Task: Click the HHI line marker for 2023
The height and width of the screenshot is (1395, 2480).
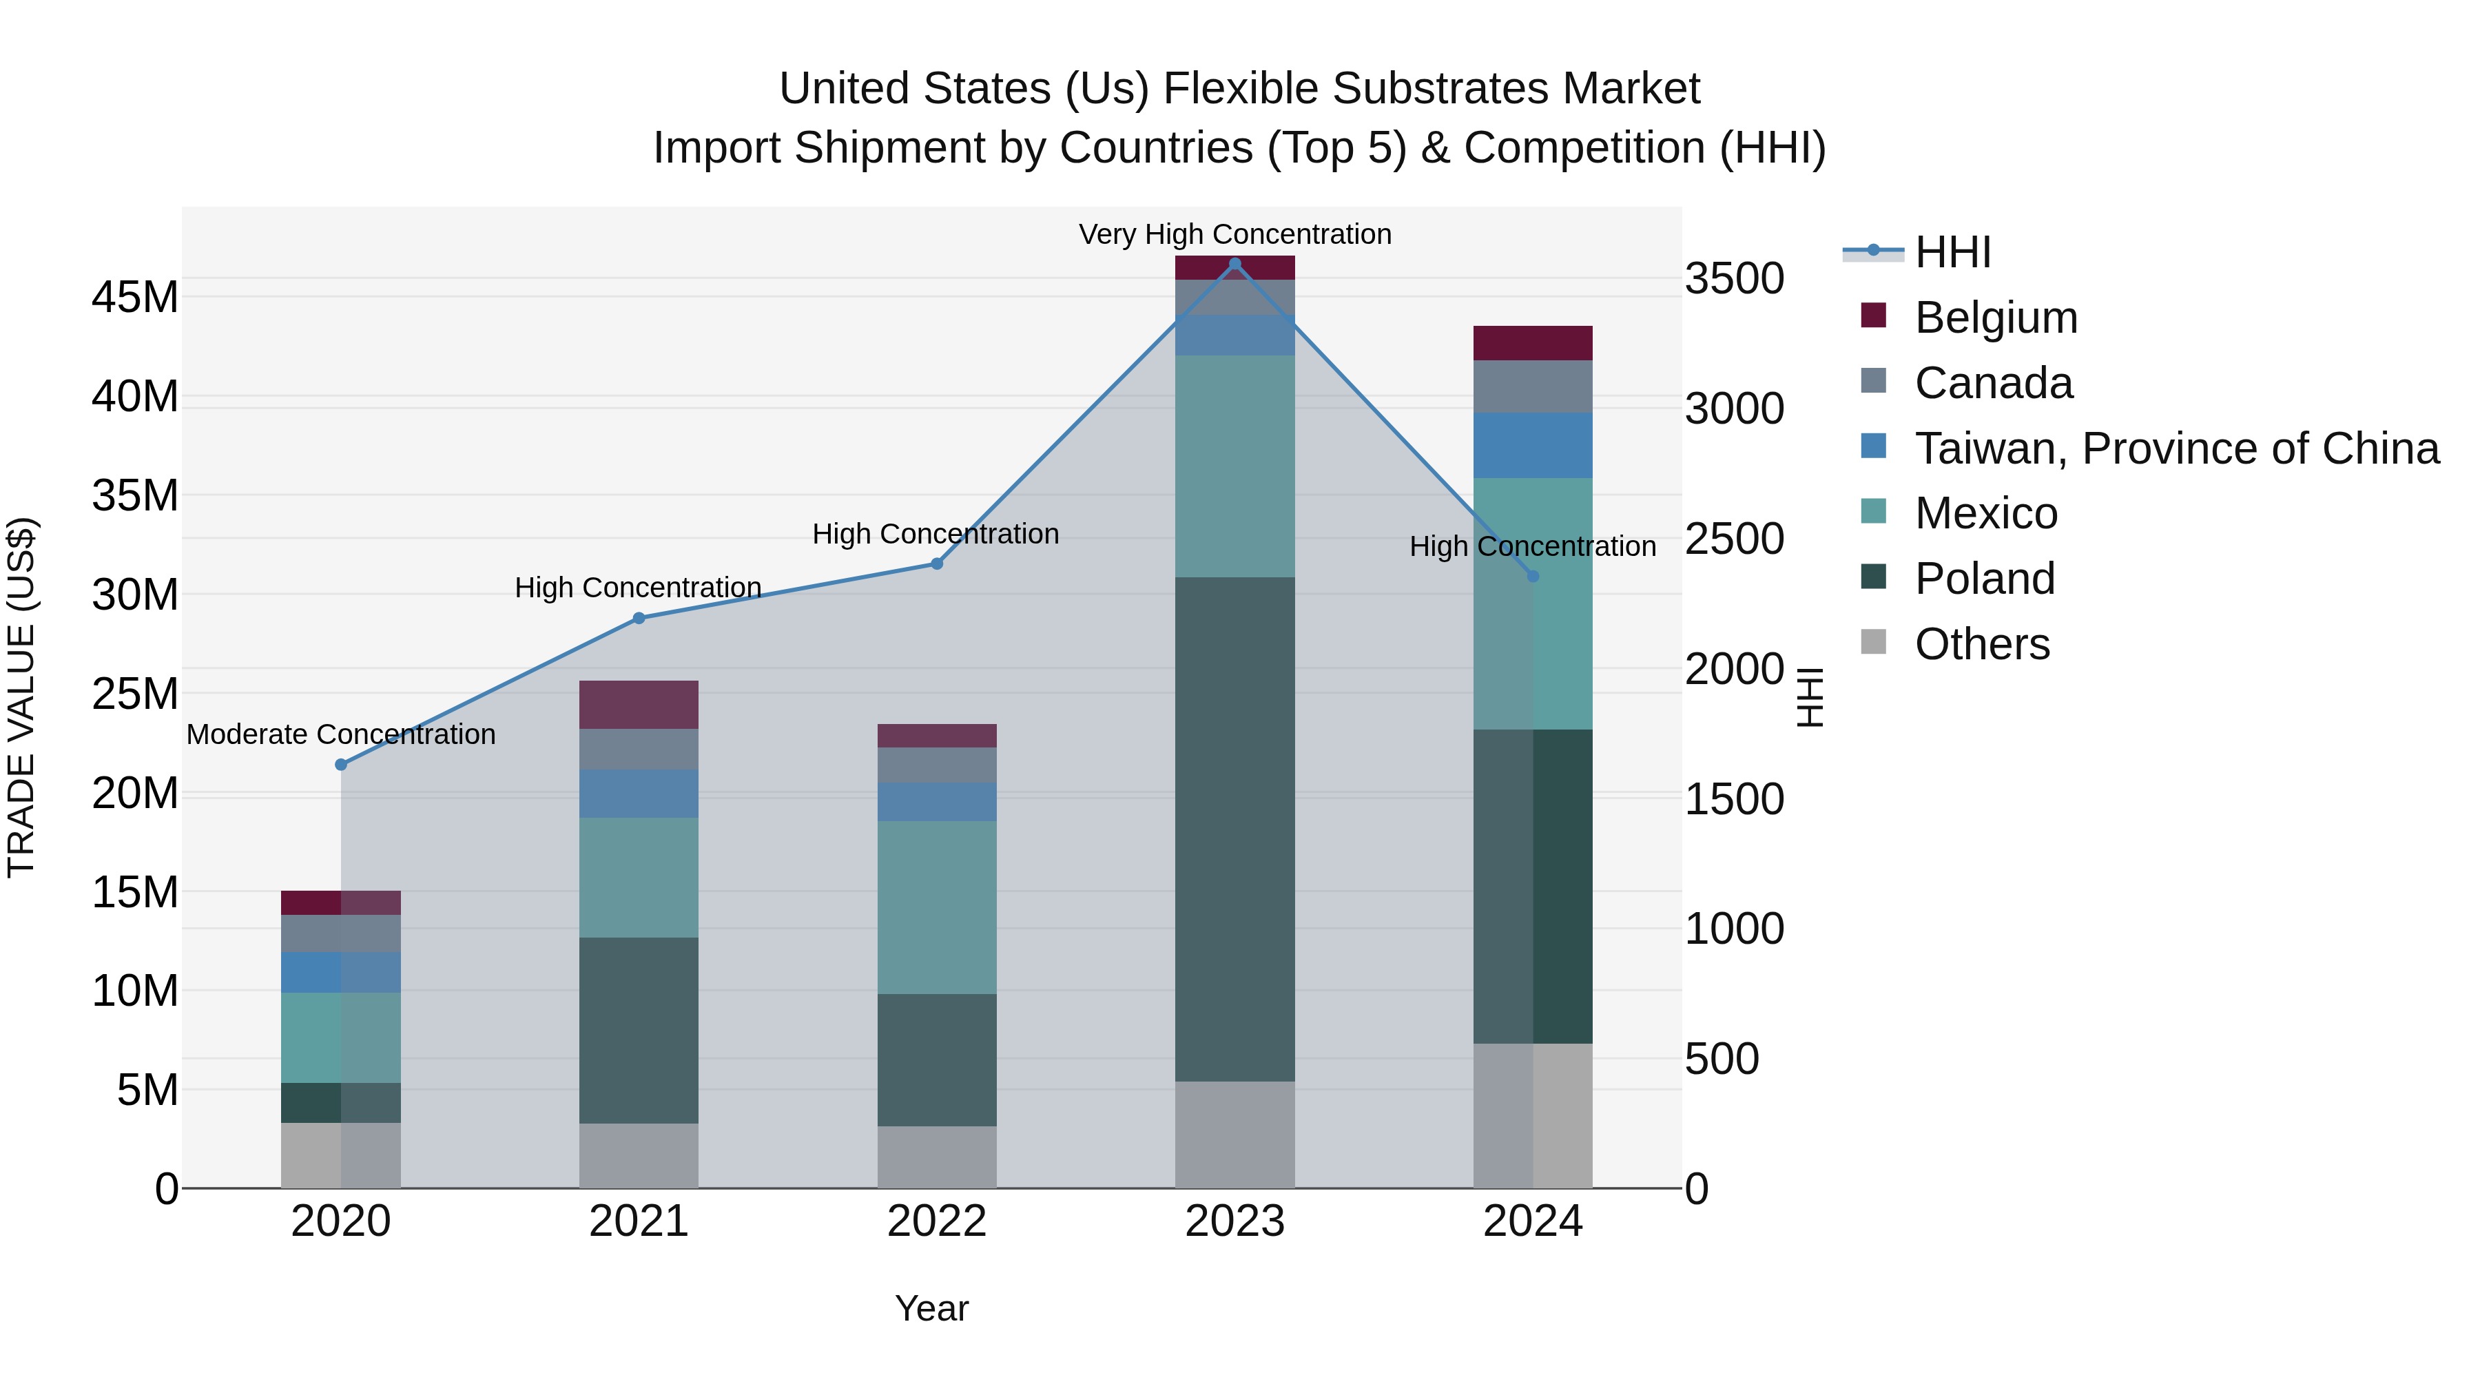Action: point(1235,264)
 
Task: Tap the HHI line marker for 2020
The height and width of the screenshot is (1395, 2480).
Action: point(341,765)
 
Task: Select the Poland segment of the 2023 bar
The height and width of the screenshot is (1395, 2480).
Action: point(1235,828)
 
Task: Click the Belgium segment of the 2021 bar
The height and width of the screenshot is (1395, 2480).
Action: point(639,705)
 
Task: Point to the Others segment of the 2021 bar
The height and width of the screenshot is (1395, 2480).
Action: point(639,1155)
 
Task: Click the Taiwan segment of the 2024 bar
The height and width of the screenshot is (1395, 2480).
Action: point(1533,445)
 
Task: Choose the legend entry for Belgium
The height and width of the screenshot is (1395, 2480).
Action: point(1995,318)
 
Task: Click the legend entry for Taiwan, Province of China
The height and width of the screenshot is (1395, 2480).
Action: point(2176,448)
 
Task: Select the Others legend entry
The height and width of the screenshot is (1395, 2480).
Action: point(1981,644)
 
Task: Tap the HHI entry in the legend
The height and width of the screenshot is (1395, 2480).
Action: point(1952,252)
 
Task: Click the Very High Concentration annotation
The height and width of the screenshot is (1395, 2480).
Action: point(1235,234)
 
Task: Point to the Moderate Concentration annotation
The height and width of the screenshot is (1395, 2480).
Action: point(341,734)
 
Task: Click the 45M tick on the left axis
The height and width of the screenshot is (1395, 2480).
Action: point(135,298)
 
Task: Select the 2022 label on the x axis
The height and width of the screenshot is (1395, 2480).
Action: point(937,1221)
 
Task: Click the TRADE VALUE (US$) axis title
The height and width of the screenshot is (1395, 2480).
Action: point(21,697)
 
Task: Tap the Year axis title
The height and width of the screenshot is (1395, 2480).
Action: point(931,1308)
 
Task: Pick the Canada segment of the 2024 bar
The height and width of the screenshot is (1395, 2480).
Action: point(1533,386)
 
